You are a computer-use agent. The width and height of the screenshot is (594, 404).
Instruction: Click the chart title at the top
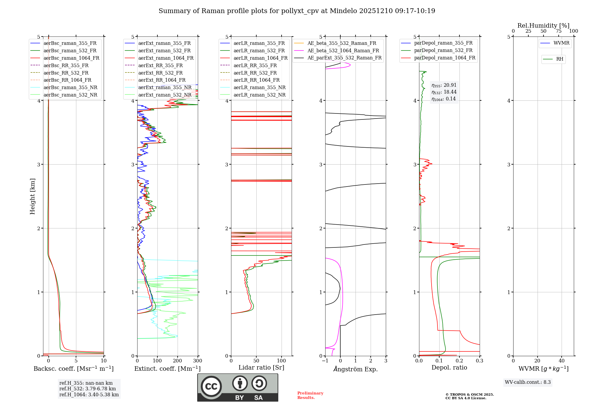(x=297, y=11)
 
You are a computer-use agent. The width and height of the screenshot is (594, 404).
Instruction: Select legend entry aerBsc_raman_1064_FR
(x=71, y=58)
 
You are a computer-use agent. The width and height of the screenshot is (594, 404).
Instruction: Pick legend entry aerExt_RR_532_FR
(x=160, y=73)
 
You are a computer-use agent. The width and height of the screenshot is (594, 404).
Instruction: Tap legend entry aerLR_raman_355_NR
(x=259, y=87)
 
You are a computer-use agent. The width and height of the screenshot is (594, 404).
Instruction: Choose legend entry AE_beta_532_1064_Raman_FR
(x=343, y=50)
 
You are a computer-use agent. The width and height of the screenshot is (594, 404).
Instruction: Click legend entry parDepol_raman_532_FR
(x=443, y=50)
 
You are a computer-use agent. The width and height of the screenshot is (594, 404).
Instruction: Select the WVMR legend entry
(x=561, y=43)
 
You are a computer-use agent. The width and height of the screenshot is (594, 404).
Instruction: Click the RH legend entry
(x=560, y=59)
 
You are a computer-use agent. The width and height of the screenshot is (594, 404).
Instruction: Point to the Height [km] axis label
(x=32, y=196)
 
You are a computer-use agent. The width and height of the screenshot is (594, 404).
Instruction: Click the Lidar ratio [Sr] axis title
(x=261, y=367)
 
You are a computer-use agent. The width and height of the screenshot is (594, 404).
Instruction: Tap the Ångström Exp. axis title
(x=356, y=369)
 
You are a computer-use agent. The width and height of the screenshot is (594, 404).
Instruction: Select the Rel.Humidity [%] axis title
(x=543, y=26)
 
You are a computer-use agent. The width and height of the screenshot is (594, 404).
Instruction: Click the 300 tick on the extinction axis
(x=198, y=361)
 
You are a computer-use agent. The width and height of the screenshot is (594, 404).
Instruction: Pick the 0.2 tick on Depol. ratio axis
(x=459, y=361)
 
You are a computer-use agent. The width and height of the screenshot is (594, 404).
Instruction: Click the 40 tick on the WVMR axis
(x=562, y=361)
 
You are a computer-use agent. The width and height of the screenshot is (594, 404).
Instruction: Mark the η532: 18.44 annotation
(x=444, y=92)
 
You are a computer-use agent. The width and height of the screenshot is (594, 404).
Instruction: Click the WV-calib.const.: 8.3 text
(x=528, y=382)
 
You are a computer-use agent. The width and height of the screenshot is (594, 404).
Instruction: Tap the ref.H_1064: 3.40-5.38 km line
(x=89, y=394)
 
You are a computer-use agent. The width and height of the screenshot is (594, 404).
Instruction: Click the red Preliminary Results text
(x=310, y=395)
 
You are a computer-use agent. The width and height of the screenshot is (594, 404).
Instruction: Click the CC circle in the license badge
(x=211, y=386)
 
